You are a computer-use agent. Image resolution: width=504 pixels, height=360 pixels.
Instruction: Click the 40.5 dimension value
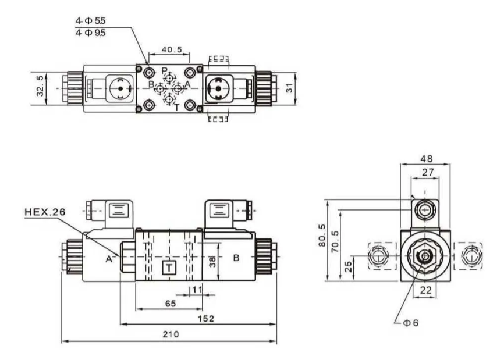[x=172, y=50]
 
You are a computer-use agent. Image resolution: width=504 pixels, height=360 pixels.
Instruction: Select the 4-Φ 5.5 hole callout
[x=90, y=21]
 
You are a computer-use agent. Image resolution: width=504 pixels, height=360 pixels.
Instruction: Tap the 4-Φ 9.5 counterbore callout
[x=90, y=33]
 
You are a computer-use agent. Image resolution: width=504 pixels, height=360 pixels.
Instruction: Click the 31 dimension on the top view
[x=290, y=88]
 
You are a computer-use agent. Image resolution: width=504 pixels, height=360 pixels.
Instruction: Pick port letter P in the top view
[x=164, y=70]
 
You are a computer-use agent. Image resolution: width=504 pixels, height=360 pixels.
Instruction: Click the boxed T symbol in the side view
[x=169, y=268]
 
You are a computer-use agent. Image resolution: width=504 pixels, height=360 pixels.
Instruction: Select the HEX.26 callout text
[x=45, y=212]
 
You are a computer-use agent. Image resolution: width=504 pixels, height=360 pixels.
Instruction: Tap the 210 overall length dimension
[x=171, y=334]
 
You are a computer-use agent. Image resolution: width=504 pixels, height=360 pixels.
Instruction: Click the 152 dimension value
[x=205, y=319]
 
